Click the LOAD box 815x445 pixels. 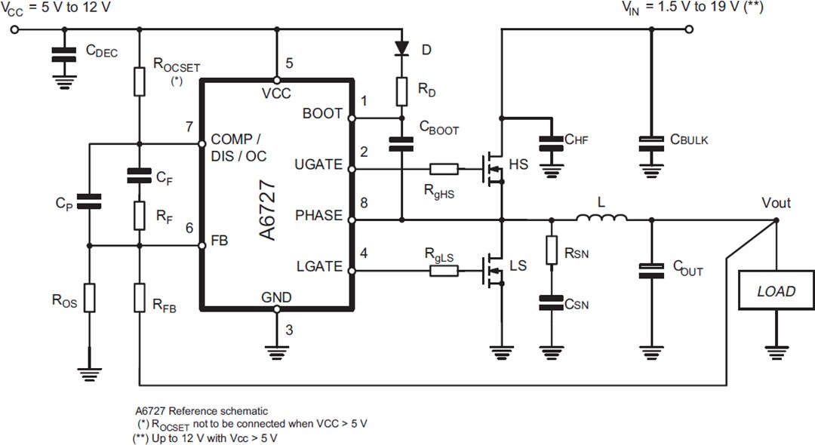click(776, 291)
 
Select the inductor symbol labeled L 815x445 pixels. click(601, 219)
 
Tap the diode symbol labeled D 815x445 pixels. click(402, 49)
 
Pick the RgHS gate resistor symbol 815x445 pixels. click(443, 170)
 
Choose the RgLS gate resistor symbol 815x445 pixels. click(443, 269)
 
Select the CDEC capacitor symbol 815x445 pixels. click(65, 54)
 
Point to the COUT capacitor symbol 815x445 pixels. click(650, 271)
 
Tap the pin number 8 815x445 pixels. click(364, 201)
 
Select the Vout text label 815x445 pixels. click(776, 202)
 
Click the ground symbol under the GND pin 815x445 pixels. click(277, 348)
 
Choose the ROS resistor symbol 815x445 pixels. click(89, 297)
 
